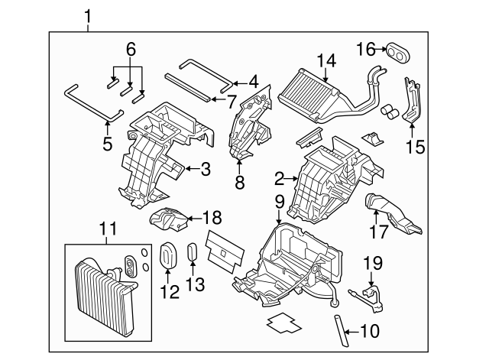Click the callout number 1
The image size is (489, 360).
pos(89,15)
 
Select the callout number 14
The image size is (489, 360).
pos(326,60)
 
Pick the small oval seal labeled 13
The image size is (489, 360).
pos(193,253)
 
